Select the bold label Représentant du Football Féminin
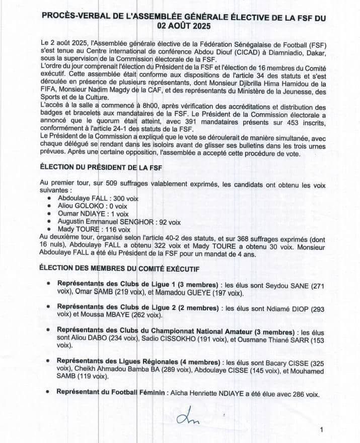coord(111,392)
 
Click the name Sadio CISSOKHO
coord(168,339)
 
